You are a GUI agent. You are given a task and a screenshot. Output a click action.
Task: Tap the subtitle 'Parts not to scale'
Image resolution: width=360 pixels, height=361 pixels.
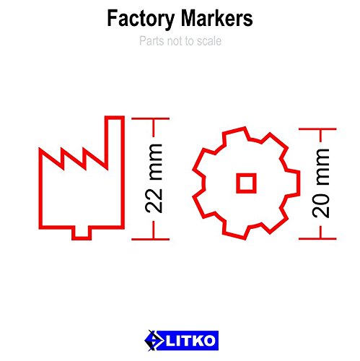[180, 41]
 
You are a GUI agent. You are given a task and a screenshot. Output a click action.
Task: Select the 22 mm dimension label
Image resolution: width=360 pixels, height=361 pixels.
[155, 177]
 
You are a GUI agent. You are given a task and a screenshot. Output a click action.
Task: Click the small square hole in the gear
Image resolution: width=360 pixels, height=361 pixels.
[246, 183]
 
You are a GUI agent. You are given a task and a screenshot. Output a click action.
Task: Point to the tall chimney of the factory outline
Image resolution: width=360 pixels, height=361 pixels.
[113, 137]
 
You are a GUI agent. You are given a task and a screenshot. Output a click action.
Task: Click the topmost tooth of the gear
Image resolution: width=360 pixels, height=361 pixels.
[238, 133]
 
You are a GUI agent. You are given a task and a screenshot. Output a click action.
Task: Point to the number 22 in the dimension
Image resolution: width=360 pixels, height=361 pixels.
[155, 199]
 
